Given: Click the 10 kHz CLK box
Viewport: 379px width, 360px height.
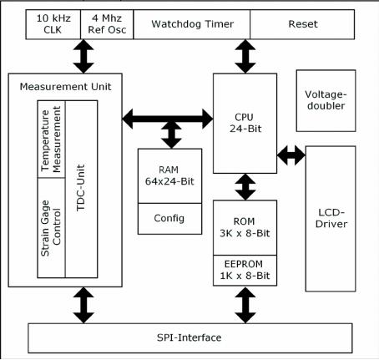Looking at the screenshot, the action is pyautogui.click(x=53, y=24).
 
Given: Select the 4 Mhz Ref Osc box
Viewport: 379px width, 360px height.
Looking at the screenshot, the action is pyautogui.click(x=107, y=24).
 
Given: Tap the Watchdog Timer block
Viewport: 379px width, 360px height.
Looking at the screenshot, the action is pyautogui.click(x=192, y=24).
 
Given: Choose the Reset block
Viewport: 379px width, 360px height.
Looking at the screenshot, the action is pyautogui.click(x=302, y=24).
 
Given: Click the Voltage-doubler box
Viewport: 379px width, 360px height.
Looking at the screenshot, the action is pyautogui.click(x=326, y=100).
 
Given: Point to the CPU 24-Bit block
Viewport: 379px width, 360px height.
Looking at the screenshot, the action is pyautogui.click(x=245, y=124).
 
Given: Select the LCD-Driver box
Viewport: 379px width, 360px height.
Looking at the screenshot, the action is pyautogui.click(x=331, y=219).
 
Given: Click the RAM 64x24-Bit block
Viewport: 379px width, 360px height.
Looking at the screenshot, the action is pyautogui.click(x=169, y=176).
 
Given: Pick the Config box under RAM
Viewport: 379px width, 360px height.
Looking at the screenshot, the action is pyautogui.click(x=169, y=219).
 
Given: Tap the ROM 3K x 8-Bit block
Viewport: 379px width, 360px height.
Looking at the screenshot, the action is pyautogui.click(x=245, y=227).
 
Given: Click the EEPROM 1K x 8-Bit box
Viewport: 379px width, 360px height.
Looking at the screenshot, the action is pyautogui.click(x=245, y=271).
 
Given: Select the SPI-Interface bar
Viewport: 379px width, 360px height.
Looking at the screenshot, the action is pyautogui.click(x=190, y=338).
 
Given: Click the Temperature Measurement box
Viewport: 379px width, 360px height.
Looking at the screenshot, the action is pyautogui.click(x=52, y=139).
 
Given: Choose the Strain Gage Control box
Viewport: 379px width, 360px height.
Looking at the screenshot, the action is pyautogui.click(x=52, y=228).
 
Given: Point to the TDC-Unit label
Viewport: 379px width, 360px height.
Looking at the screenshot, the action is pyautogui.click(x=80, y=188).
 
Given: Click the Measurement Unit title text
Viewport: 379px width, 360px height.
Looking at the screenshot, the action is pyautogui.click(x=65, y=87).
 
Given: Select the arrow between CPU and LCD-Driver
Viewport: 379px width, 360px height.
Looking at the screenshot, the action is pyautogui.click(x=291, y=155).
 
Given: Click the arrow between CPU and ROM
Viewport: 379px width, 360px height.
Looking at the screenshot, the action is pyautogui.click(x=245, y=187).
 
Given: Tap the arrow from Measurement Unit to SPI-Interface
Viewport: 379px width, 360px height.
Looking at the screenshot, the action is pyautogui.click(x=83, y=305).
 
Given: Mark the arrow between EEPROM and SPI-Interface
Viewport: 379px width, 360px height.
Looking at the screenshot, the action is pyautogui.click(x=245, y=305).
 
